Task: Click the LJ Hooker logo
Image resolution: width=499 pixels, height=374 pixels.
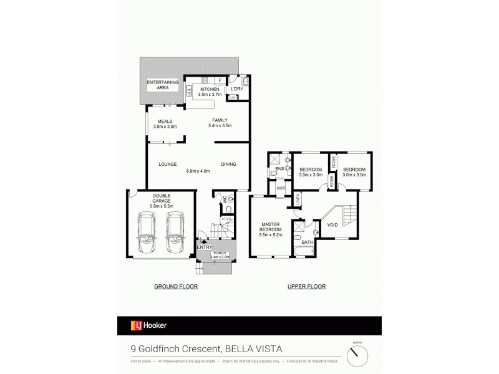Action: [x=148, y=325]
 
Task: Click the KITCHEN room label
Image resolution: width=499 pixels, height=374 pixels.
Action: [x=210, y=90]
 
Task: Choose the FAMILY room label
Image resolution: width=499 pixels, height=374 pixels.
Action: [x=220, y=120]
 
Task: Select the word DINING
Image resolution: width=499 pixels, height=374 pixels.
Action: [x=228, y=165]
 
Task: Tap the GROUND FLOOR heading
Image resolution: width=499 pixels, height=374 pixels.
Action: [x=176, y=287]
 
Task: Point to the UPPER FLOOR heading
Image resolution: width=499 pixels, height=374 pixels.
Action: [x=306, y=287]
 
